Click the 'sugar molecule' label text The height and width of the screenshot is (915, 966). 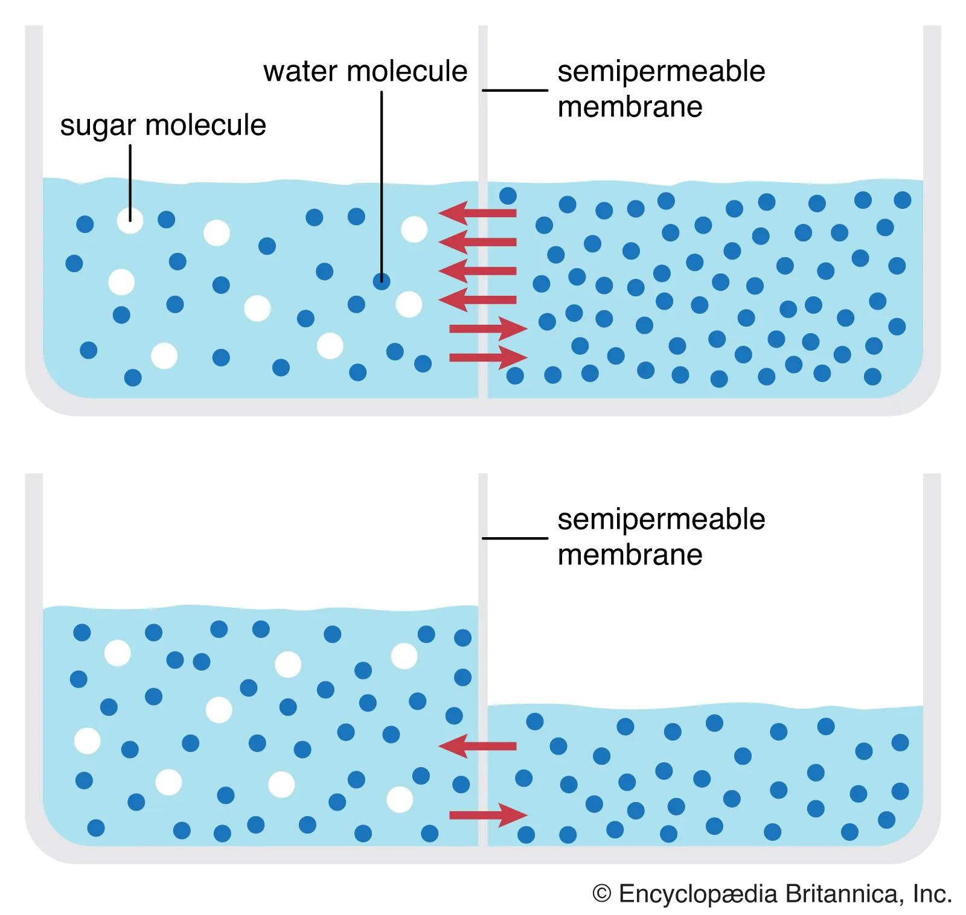(163, 126)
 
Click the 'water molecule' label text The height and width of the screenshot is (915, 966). (365, 71)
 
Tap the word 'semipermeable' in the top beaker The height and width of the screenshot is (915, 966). (661, 71)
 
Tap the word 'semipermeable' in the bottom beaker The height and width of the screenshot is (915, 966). (661, 519)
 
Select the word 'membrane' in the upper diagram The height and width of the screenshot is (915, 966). (630, 107)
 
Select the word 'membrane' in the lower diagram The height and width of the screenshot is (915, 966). (630, 555)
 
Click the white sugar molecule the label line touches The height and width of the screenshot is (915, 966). (130, 220)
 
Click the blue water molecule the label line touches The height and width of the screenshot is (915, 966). (381, 281)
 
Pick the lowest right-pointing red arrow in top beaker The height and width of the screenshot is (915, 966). (488, 357)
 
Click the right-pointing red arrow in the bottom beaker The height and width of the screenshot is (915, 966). (488, 815)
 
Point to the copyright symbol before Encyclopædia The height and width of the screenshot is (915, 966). (602, 894)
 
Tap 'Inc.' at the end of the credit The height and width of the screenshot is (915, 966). (932, 894)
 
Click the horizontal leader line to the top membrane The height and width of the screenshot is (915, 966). (514, 91)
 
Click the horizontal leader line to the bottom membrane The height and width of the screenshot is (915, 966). (514, 538)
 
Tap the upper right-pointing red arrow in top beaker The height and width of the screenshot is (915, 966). (488, 329)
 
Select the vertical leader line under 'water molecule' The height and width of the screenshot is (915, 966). (382, 181)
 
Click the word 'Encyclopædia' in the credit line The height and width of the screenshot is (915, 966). (697, 894)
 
